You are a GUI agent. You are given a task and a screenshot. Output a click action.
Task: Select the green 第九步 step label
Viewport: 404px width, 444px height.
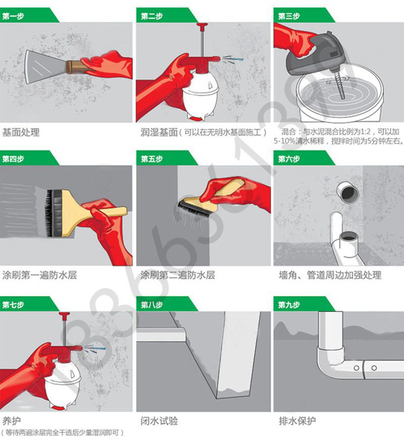289,305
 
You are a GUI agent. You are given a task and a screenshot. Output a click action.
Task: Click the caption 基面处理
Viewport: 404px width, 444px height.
21,133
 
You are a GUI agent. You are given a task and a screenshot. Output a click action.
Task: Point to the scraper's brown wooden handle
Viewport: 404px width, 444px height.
76,66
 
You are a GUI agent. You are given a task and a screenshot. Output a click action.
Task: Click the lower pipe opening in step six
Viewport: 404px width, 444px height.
348,236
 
